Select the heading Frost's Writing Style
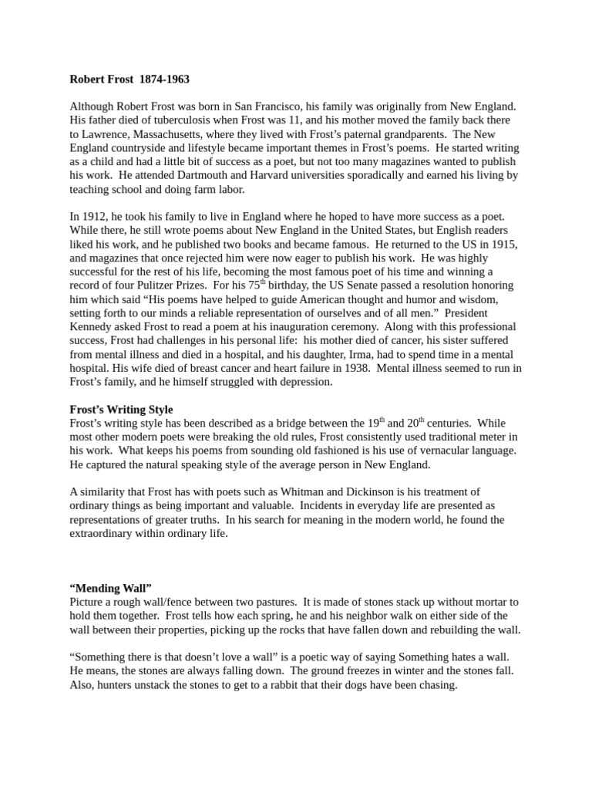tap(121, 409)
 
